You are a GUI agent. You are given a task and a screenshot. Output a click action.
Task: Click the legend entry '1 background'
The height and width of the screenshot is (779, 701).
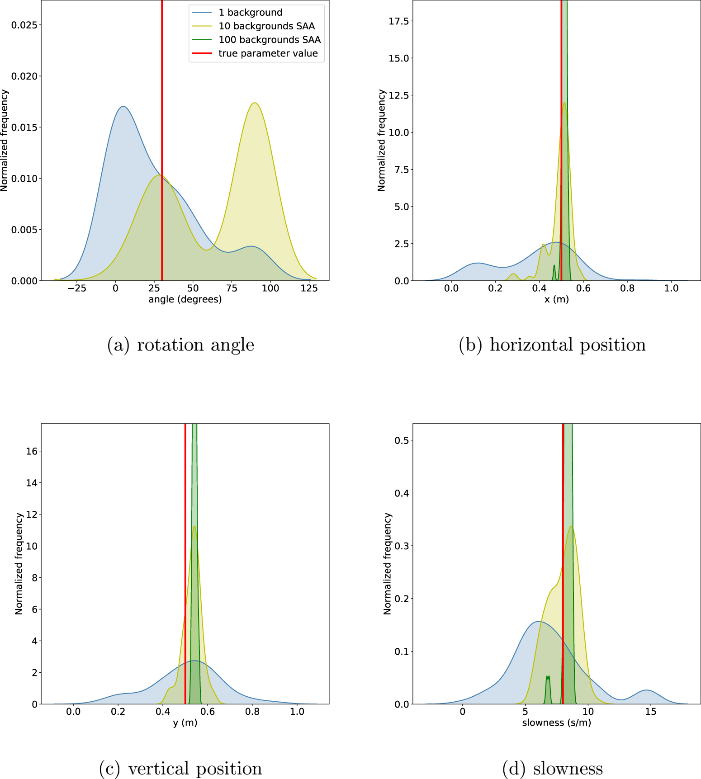point(250,13)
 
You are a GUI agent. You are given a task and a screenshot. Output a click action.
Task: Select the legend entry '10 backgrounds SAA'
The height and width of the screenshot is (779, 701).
point(266,26)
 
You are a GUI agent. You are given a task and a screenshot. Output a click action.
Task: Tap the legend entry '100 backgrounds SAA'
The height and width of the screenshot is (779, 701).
point(270,40)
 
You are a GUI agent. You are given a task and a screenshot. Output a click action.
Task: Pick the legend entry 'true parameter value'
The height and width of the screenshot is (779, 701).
point(268,53)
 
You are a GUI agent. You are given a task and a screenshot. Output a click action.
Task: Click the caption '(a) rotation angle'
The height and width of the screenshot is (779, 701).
point(180,345)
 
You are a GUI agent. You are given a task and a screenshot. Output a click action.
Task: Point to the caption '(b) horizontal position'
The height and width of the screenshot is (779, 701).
point(552,345)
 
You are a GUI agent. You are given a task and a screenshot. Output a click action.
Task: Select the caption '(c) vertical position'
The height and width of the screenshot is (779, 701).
point(180,769)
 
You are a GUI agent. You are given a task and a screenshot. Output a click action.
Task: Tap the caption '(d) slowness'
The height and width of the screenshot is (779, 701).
point(552,769)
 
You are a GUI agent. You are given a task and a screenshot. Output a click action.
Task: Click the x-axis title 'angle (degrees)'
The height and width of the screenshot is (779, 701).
point(185,299)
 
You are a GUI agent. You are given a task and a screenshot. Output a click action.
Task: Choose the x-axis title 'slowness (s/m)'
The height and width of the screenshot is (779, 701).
point(556,722)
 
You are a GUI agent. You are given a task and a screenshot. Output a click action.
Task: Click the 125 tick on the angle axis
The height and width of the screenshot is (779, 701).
point(309,288)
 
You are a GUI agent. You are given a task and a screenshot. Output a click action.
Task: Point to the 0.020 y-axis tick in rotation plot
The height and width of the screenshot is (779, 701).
point(24,76)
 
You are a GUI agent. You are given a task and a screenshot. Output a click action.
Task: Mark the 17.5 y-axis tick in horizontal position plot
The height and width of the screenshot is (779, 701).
point(398,21)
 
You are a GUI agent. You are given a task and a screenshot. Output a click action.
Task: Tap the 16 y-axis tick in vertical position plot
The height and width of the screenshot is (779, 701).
point(32,451)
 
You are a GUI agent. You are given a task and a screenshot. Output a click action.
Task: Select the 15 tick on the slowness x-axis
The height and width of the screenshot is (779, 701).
point(650,712)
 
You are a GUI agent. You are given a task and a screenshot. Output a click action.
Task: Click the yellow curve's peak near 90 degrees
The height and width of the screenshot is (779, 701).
point(255,103)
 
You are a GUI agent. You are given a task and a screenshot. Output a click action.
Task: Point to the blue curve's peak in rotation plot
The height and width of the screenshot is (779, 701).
point(123,107)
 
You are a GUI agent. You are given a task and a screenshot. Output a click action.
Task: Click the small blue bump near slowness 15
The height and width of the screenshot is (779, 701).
point(647,690)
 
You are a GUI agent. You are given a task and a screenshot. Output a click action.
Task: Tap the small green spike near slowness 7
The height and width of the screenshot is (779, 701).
point(548,677)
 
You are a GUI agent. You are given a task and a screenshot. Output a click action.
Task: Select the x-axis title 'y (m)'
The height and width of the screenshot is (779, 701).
point(185,722)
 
